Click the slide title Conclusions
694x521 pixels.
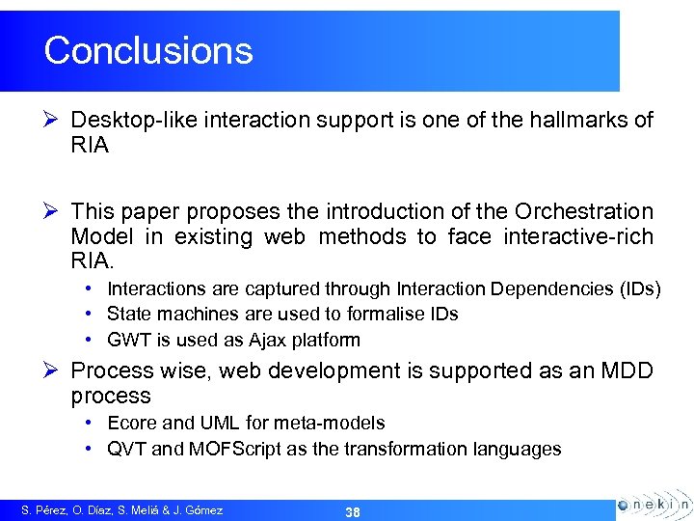coord(148,50)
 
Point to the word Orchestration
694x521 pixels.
coord(584,211)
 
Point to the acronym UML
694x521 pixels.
coord(217,423)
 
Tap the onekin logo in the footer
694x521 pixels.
coord(653,505)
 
